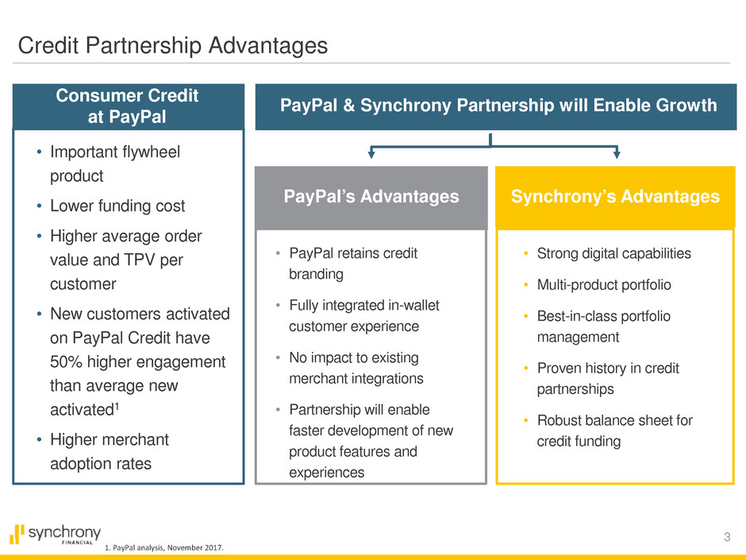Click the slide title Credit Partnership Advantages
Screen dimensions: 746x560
tap(173, 46)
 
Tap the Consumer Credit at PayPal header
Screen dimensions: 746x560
tap(129, 106)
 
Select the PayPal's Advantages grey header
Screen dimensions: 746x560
tap(371, 197)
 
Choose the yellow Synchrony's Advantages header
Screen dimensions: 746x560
tap(615, 197)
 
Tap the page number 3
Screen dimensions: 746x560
tap(727, 537)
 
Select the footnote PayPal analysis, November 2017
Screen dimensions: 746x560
tap(163, 547)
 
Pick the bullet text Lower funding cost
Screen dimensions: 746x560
tap(117, 206)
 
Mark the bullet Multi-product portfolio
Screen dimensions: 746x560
tap(604, 284)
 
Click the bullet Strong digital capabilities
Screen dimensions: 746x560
tap(613, 253)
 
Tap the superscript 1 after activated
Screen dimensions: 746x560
tap(117, 406)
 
